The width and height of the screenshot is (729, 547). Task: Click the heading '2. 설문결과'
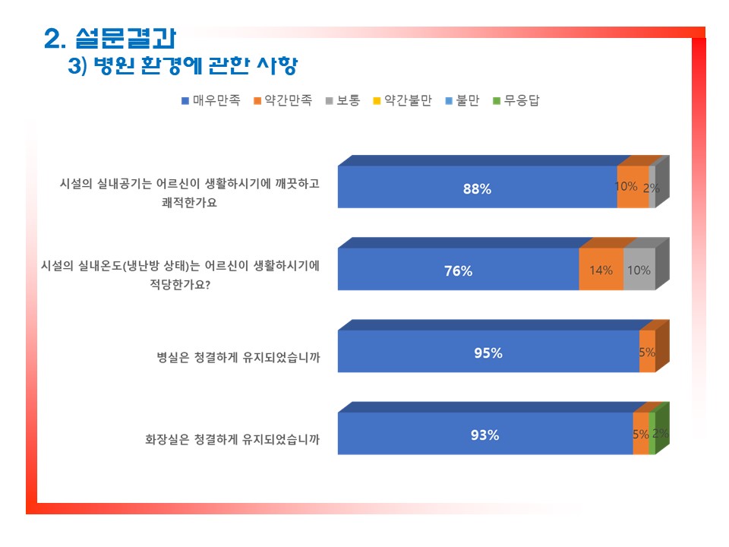coord(110,38)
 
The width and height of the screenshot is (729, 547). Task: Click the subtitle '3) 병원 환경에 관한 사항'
coord(183,65)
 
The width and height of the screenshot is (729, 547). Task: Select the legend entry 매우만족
coord(211,100)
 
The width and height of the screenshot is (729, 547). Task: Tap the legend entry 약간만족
coord(282,100)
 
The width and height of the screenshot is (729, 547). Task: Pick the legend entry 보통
coord(342,100)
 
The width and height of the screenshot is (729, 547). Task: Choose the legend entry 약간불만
coord(402,100)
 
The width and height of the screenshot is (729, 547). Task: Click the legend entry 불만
coord(462,100)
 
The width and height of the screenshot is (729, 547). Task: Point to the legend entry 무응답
coord(516,100)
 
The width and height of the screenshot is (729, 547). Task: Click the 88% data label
coord(477,189)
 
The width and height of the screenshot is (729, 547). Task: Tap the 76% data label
coord(458,270)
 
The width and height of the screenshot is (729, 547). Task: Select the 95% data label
coord(488,353)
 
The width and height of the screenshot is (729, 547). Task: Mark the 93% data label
coord(484,435)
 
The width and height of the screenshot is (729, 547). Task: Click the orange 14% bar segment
coord(601,269)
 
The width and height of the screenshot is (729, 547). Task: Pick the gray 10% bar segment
coord(639,269)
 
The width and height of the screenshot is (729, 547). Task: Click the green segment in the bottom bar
coord(652,434)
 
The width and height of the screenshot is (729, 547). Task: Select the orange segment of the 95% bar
coord(647,351)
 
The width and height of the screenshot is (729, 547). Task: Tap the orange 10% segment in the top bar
coord(633,187)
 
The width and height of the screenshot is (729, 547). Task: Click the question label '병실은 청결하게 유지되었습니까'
coord(238,357)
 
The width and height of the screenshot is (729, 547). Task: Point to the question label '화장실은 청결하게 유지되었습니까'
coord(232,440)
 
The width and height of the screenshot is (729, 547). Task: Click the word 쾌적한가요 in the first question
coord(189,202)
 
